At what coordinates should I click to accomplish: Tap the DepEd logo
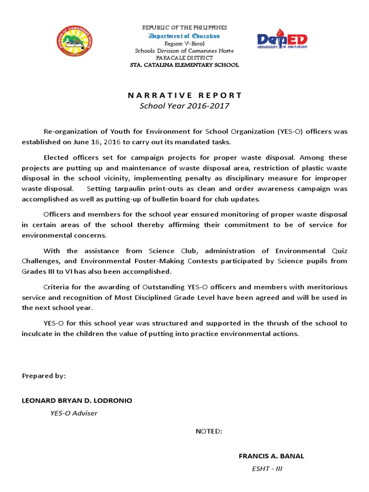(283, 41)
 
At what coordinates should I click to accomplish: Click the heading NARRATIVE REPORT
(184, 95)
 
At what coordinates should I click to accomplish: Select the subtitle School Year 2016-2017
(184, 106)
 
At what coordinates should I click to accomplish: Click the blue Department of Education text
(184, 36)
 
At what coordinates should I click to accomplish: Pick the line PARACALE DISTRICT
(184, 58)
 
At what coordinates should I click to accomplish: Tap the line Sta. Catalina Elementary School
(184, 65)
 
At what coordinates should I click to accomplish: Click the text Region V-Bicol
(184, 44)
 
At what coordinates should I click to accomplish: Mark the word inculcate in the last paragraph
(38, 333)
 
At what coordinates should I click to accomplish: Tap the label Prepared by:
(44, 376)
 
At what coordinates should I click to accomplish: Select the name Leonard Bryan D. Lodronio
(77, 401)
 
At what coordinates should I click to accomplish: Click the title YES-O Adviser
(74, 413)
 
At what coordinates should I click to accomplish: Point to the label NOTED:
(209, 431)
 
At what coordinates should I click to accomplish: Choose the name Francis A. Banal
(271, 456)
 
